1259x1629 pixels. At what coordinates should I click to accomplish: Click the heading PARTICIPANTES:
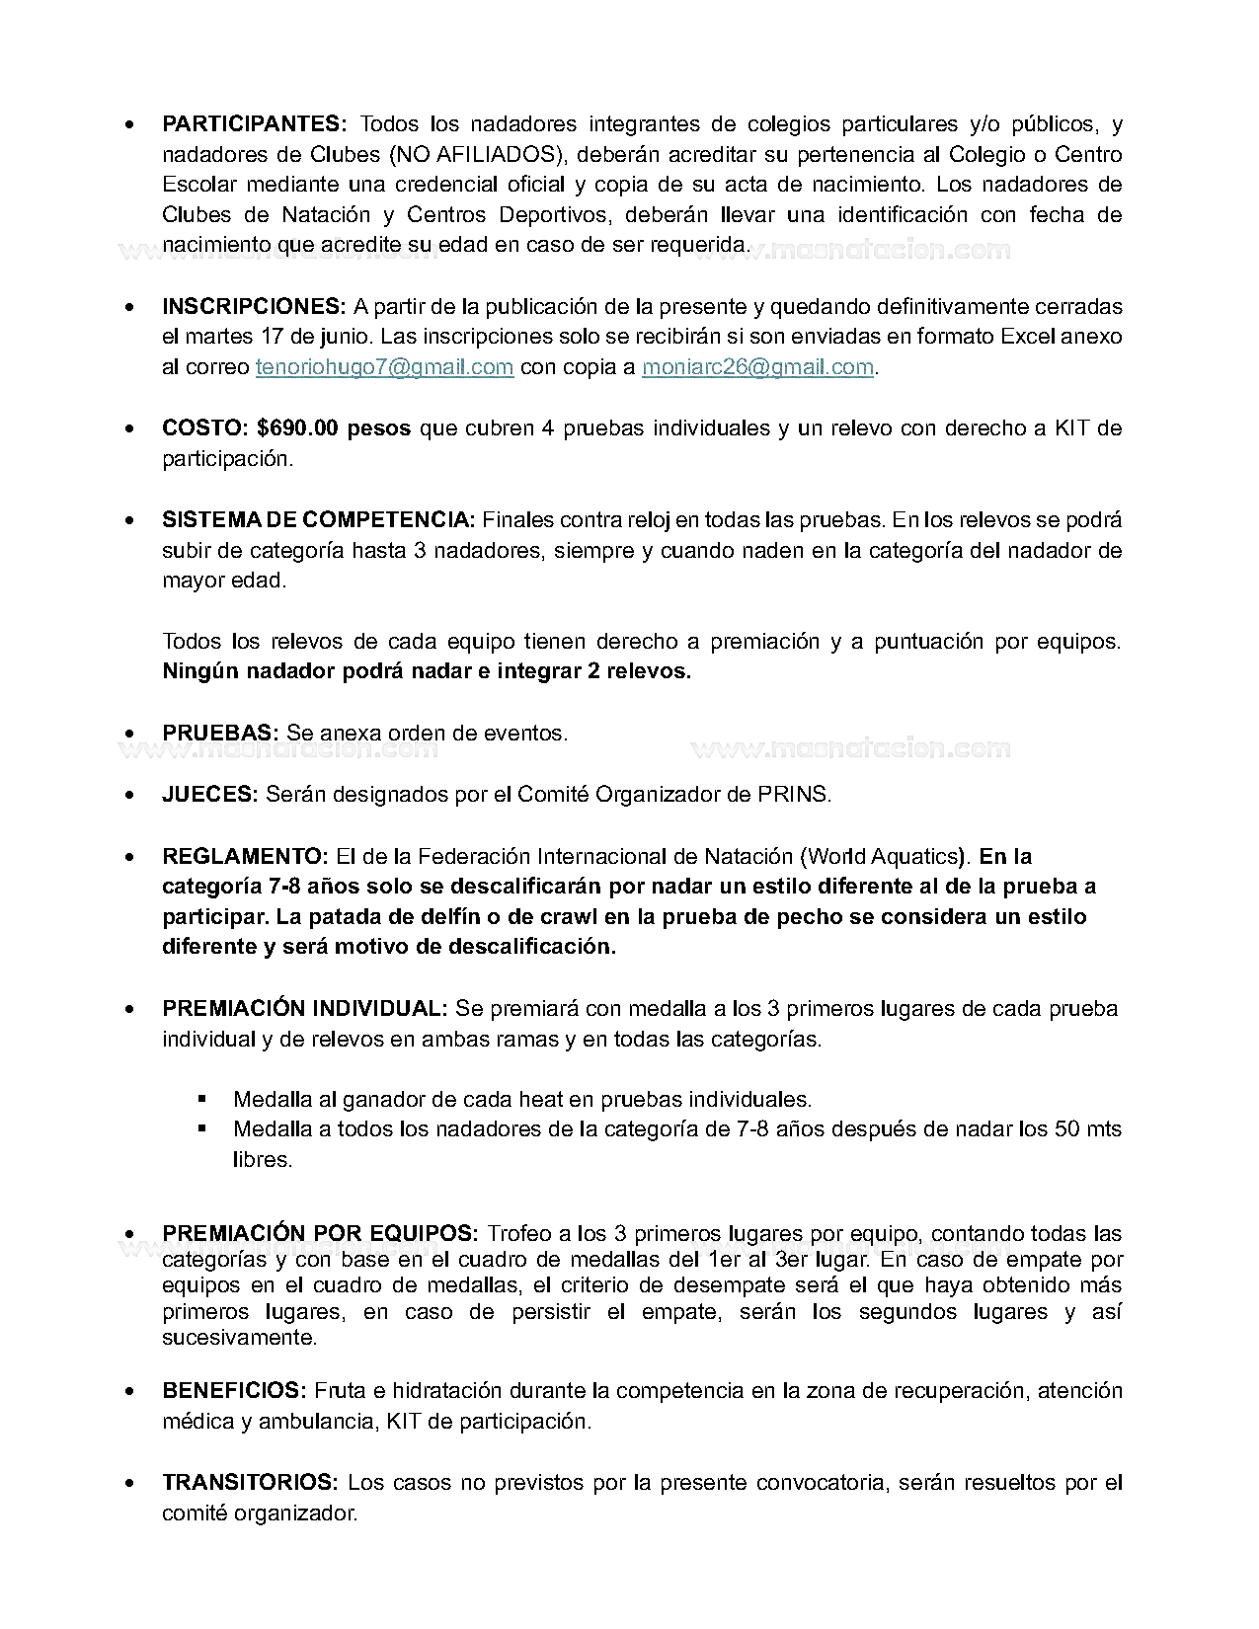[x=254, y=124]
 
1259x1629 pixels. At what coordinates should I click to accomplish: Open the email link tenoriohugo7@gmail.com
[x=384, y=367]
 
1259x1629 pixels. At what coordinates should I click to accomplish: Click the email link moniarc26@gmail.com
[x=757, y=367]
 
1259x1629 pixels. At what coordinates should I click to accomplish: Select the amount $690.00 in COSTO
[x=297, y=428]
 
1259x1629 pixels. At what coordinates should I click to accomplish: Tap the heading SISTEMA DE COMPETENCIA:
[x=318, y=520]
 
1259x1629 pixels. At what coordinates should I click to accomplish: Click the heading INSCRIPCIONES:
[x=254, y=307]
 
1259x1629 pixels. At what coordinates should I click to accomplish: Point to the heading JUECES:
[x=209, y=795]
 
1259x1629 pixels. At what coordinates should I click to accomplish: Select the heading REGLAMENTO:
[x=245, y=857]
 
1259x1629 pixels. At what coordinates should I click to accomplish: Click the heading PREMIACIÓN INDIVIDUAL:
[x=305, y=1009]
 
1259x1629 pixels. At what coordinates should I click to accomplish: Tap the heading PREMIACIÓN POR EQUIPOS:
[x=320, y=1234]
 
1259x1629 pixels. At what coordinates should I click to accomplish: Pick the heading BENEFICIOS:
[x=234, y=1391]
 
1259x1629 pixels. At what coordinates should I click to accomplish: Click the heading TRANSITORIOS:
[x=251, y=1483]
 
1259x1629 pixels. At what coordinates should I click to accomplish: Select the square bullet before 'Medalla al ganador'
[x=202, y=1098]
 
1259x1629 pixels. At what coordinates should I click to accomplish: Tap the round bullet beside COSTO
[x=130, y=429]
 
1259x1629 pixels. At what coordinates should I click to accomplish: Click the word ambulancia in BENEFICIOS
[x=316, y=1422]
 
